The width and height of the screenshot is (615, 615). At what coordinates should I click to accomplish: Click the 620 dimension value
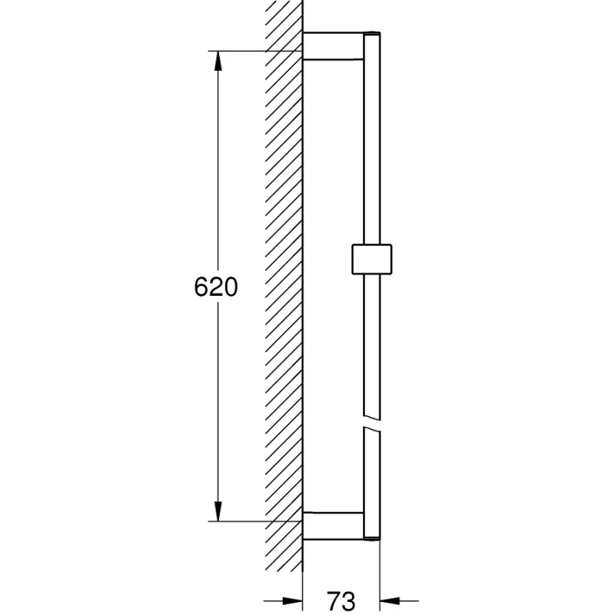(x=216, y=287)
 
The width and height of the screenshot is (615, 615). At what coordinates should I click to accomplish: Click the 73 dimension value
(x=341, y=600)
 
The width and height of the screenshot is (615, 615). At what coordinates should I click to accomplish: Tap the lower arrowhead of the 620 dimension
(x=218, y=511)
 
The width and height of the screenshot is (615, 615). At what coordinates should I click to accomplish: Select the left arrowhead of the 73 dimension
(x=293, y=600)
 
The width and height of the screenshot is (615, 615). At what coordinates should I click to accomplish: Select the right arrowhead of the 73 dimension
(x=390, y=600)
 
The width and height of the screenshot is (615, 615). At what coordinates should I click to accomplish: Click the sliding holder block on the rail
(x=372, y=259)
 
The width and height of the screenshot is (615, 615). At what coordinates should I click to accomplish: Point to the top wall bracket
(x=334, y=46)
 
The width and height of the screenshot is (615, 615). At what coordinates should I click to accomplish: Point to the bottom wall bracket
(x=334, y=526)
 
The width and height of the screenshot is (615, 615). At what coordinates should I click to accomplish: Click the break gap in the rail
(x=372, y=422)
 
